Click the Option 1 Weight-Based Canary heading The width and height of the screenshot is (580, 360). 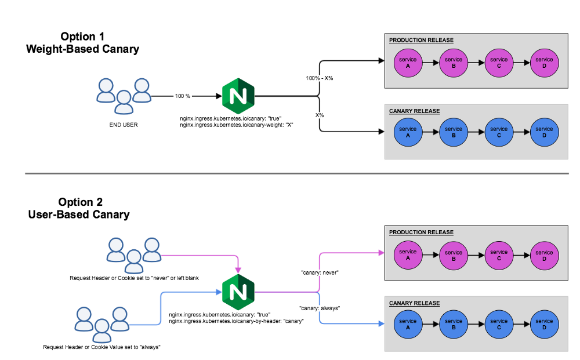click(x=82, y=43)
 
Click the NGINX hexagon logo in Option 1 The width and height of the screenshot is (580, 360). click(x=238, y=96)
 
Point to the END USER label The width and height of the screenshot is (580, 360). click(x=123, y=124)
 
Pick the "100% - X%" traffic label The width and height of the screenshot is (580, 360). click(x=319, y=78)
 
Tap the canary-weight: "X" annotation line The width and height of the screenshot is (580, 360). click(x=237, y=125)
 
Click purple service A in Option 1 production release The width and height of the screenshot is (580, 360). click(x=408, y=63)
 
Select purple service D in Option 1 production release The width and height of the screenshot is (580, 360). click(x=544, y=63)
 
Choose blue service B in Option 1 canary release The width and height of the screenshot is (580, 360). click(x=454, y=133)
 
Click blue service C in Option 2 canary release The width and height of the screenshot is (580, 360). click(x=499, y=325)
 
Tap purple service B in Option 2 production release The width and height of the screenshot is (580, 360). click(x=454, y=256)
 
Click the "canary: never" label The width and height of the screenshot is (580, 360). click(x=320, y=272)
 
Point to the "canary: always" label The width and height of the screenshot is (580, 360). click(x=320, y=308)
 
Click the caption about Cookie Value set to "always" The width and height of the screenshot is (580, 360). click(x=101, y=347)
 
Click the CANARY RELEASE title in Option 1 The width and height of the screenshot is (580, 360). click(x=414, y=111)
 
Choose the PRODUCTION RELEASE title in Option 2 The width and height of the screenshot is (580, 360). click(x=421, y=232)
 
